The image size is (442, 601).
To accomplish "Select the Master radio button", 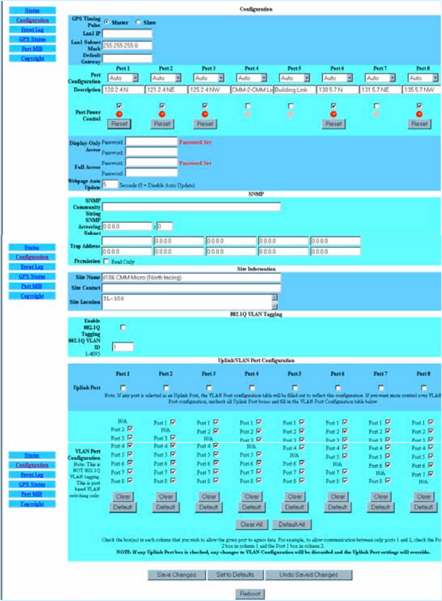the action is coord(107,23).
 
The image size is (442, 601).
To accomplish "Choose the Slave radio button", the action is coord(138,23).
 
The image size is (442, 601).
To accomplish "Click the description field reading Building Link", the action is coord(294,89).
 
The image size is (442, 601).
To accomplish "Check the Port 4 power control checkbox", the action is coord(248,106).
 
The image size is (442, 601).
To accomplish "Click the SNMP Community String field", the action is coord(192,206).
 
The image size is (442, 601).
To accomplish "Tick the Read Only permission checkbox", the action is coord(106,261).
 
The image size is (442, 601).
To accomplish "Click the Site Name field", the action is coord(192,278).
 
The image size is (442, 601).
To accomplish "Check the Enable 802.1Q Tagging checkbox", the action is coord(123,327).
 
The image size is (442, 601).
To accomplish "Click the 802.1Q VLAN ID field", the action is coord(123,347).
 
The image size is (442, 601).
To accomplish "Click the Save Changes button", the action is coord(176,575).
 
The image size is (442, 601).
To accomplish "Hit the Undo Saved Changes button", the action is coord(309,575).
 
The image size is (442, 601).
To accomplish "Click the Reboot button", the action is coord(250,593).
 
